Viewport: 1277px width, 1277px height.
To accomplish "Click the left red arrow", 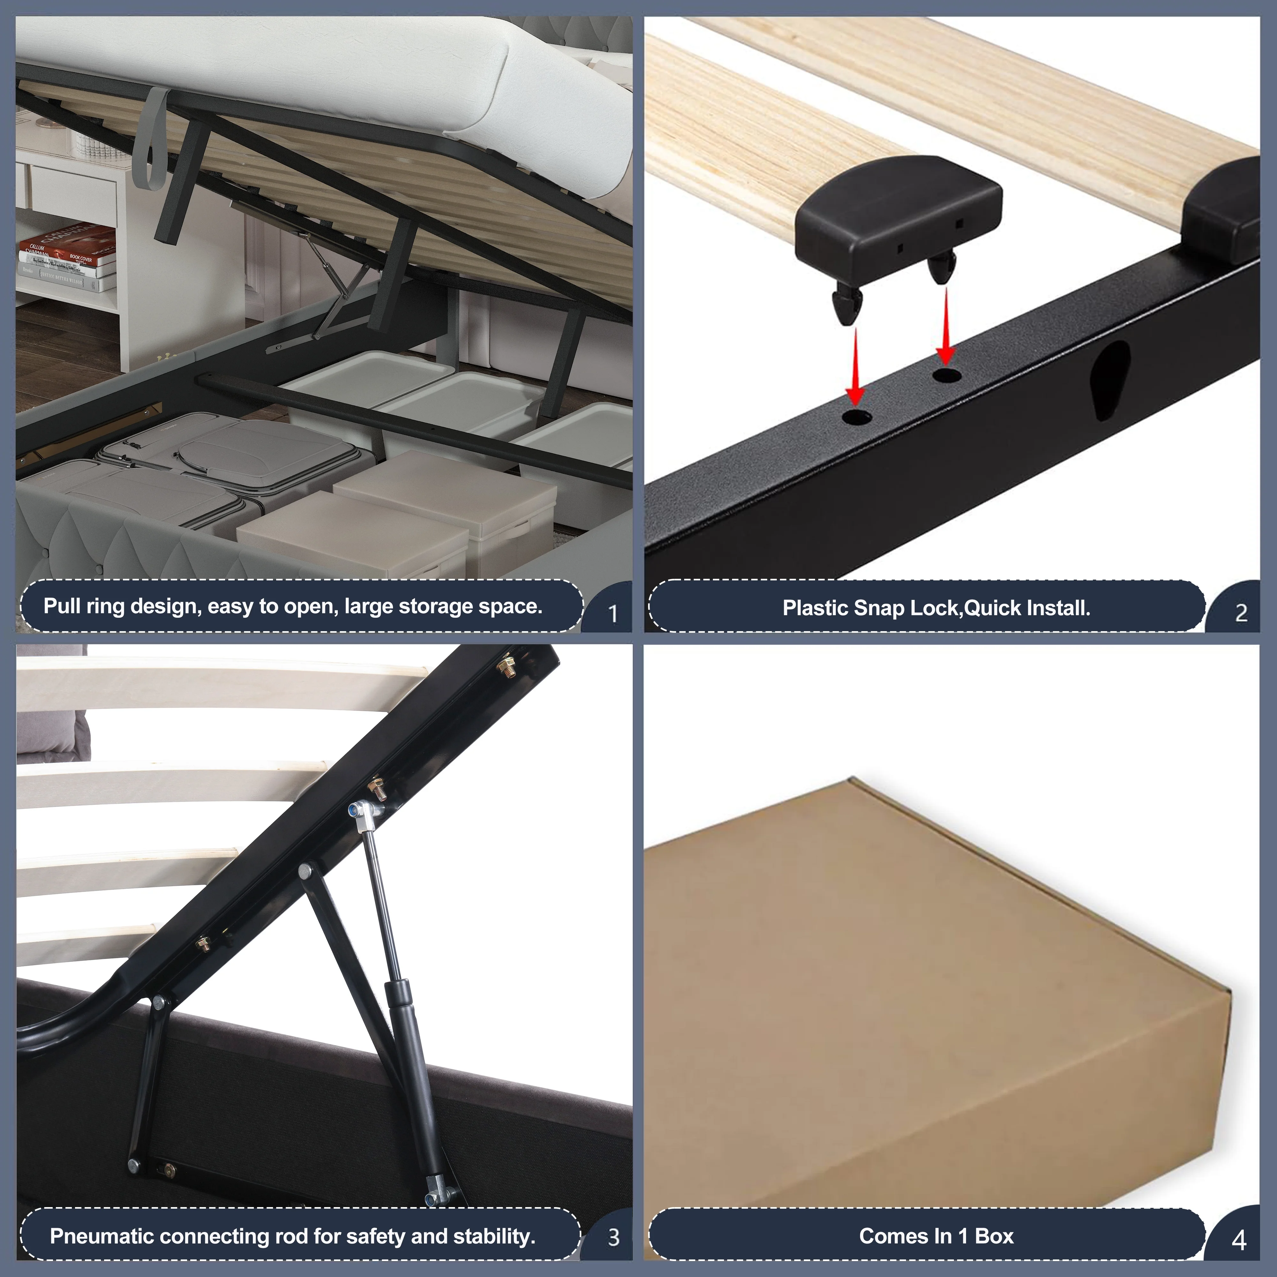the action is pos(856,367).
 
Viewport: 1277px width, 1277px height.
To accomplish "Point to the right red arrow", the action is pos(946,325).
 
